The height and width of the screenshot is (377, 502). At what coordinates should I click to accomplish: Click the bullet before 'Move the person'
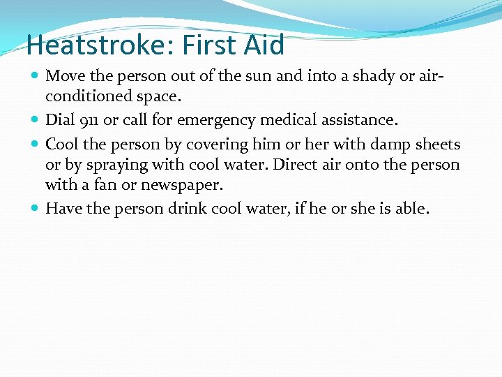[x=36, y=75]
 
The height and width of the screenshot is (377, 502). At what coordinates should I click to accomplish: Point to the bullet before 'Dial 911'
[x=36, y=120]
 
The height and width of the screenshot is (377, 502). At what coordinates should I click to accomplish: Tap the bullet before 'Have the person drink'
[x=36, y=208]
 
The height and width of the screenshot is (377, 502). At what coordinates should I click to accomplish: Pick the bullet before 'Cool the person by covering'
[x=36, y=144]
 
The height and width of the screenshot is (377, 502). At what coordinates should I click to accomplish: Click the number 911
[x=88, y=121]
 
